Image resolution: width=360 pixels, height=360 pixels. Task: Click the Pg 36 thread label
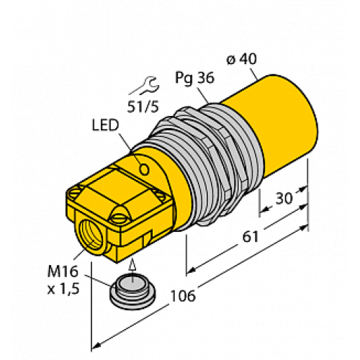[x=193, y=78]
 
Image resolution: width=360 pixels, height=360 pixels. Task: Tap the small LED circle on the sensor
[x=145, y=170]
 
